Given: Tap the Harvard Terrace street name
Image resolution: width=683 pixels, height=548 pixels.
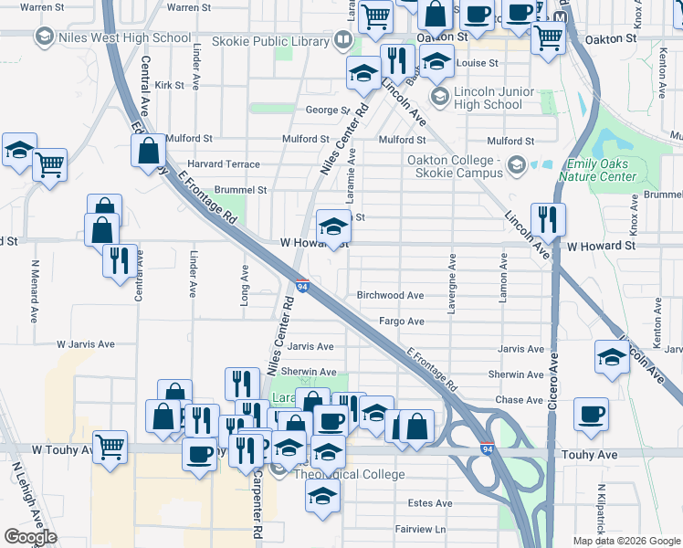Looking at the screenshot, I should point(224,164).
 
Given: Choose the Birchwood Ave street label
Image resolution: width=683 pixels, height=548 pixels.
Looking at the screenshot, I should point(390,296).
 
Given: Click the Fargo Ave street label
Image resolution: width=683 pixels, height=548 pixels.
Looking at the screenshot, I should point(403,321).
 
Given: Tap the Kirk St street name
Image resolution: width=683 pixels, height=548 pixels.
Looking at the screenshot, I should point(170,85).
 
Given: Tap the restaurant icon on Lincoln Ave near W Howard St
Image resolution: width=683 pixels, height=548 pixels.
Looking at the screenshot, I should point(548,219).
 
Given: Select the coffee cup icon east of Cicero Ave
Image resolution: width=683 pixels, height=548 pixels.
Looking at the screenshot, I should point(591,413).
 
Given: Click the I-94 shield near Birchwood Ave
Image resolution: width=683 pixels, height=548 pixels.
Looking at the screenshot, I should point(302,287).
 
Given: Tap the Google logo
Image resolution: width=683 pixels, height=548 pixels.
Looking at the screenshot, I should point(30,537).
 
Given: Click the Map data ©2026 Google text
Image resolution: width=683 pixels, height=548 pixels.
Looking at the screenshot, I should point(625,541).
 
